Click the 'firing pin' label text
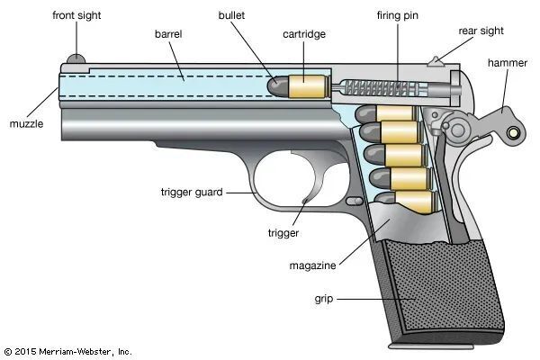397,16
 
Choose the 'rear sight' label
481,31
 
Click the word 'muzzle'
27,122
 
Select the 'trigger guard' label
191,192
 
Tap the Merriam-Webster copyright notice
67,350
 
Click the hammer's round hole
514,133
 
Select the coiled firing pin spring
370,87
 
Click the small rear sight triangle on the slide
437,62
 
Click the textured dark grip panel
432,288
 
